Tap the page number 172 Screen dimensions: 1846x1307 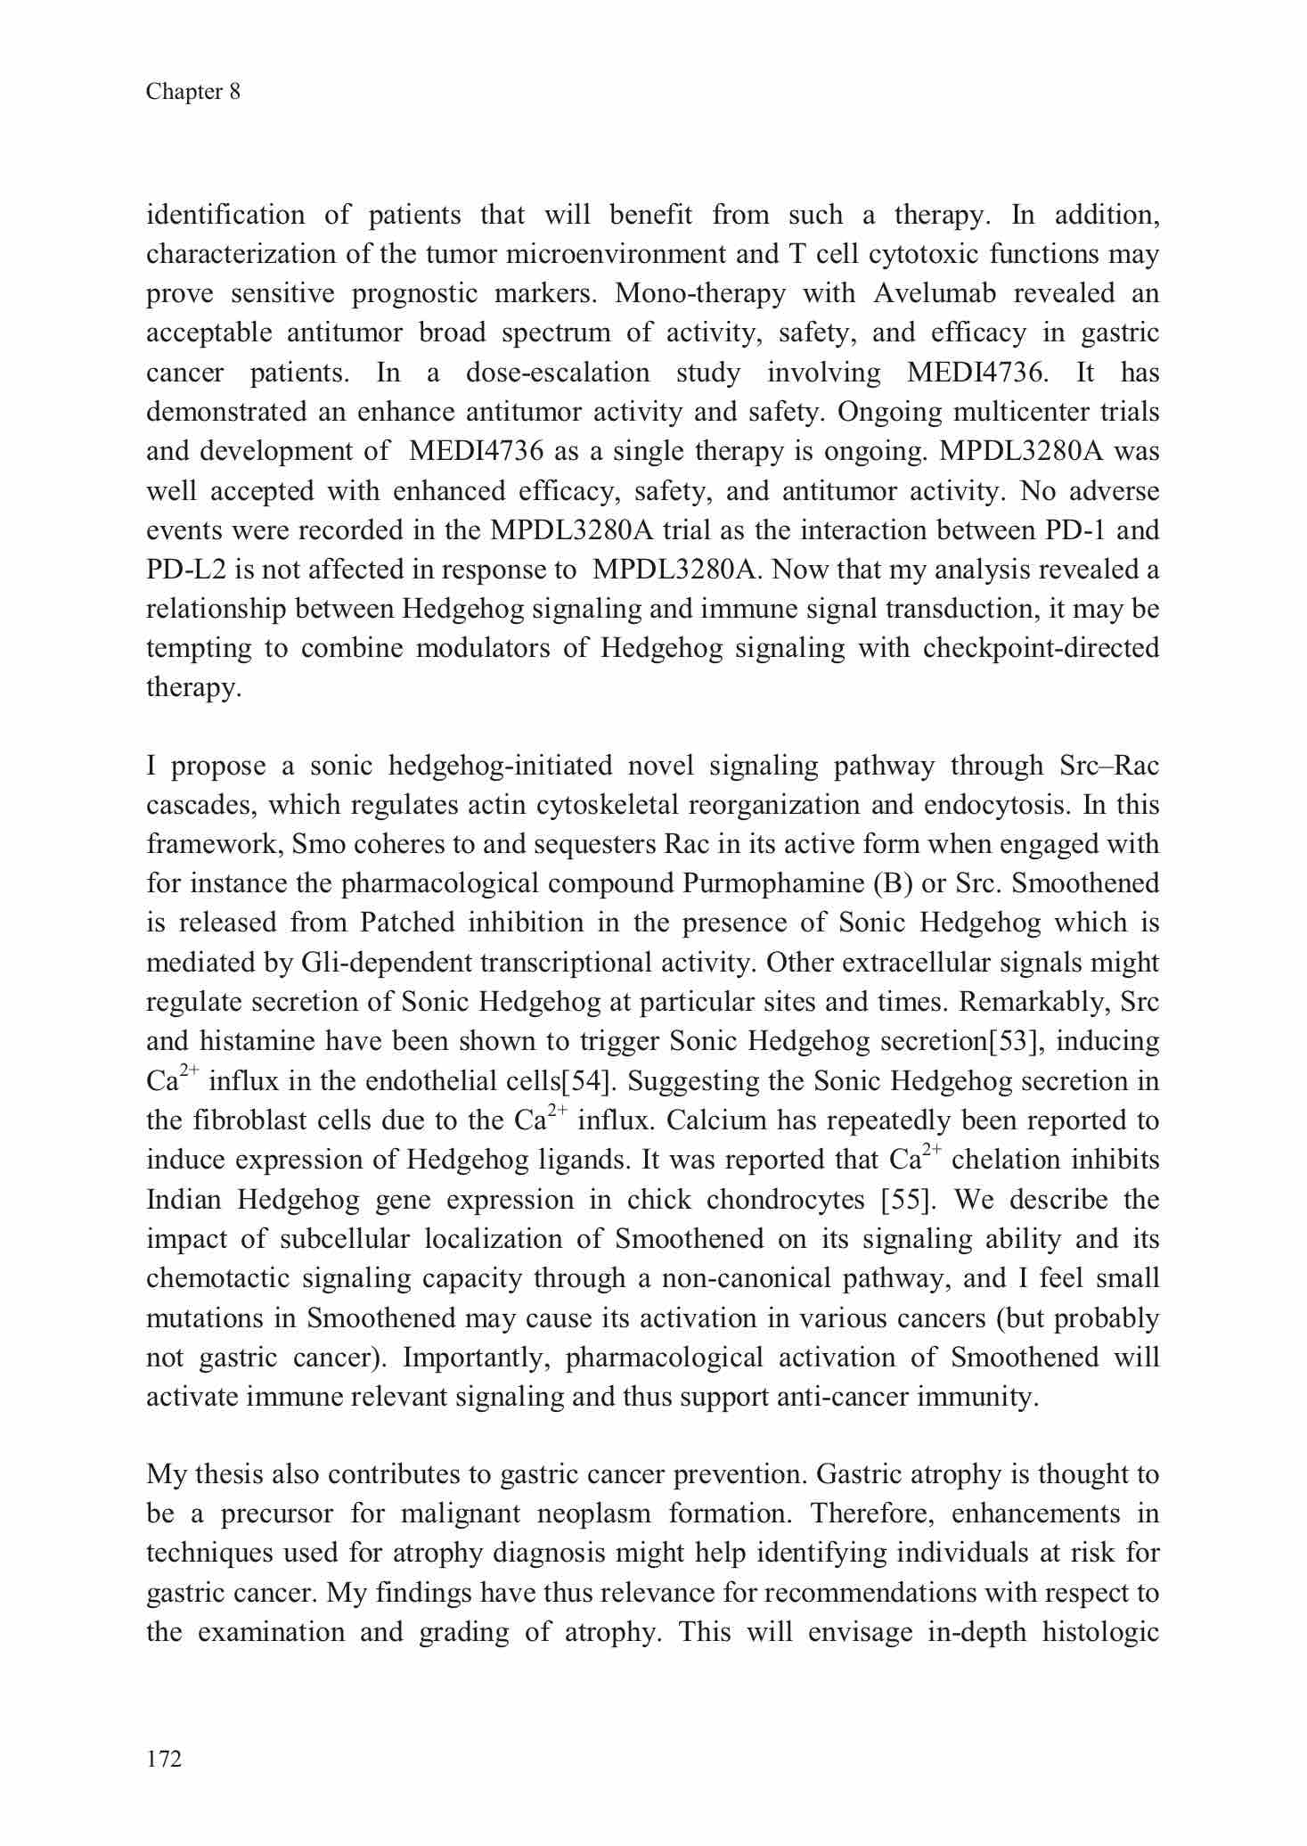(164, 1758)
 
